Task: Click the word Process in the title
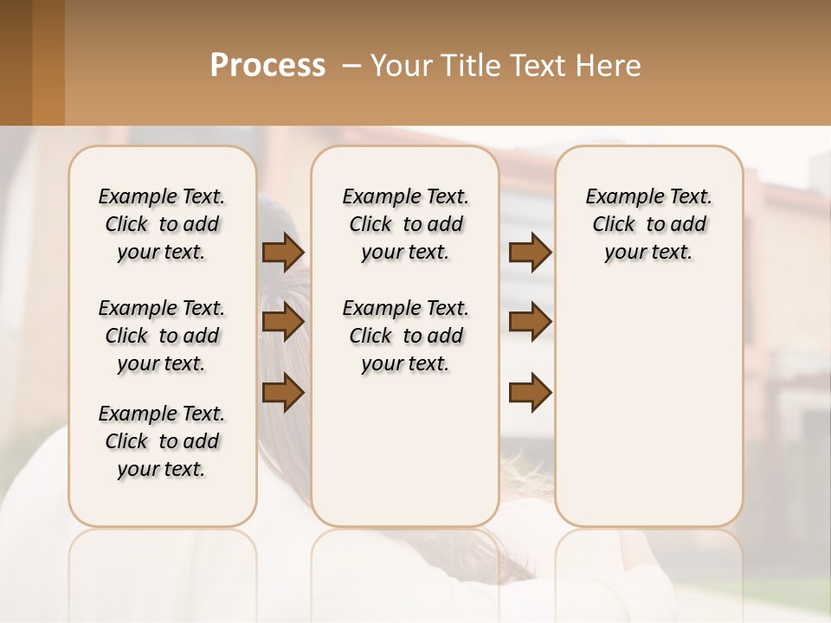pyautogui.click(x=267, y=66)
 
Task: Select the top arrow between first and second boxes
pyautogui.click(x=283, y=252)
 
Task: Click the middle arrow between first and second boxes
pyautogui.click(x=283, y=322)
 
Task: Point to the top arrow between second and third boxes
pyautogui.click(x=530, y=252)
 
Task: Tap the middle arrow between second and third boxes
pyautogui.click(x=530, y=322)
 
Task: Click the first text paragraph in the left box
pyautogui.click(x=162, y=224)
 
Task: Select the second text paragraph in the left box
pyautogui.click(x=162, y=336)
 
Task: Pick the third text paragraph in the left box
pyautogui.click(x=162, y=441)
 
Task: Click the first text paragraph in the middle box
pyautogui.click(x=405, y=224)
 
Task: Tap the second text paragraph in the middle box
pyautogui.click(x=405, y=336)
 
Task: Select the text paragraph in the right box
pyautogui.click(x=649, y=224)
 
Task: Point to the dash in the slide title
pyautogui.click(x=352, y=66)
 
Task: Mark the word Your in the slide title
pyautogui.click(x=396, y=66)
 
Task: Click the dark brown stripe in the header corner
pyautogui.click(x=16, y=62)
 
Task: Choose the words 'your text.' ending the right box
pyautogui.click(x=649, y=252)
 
